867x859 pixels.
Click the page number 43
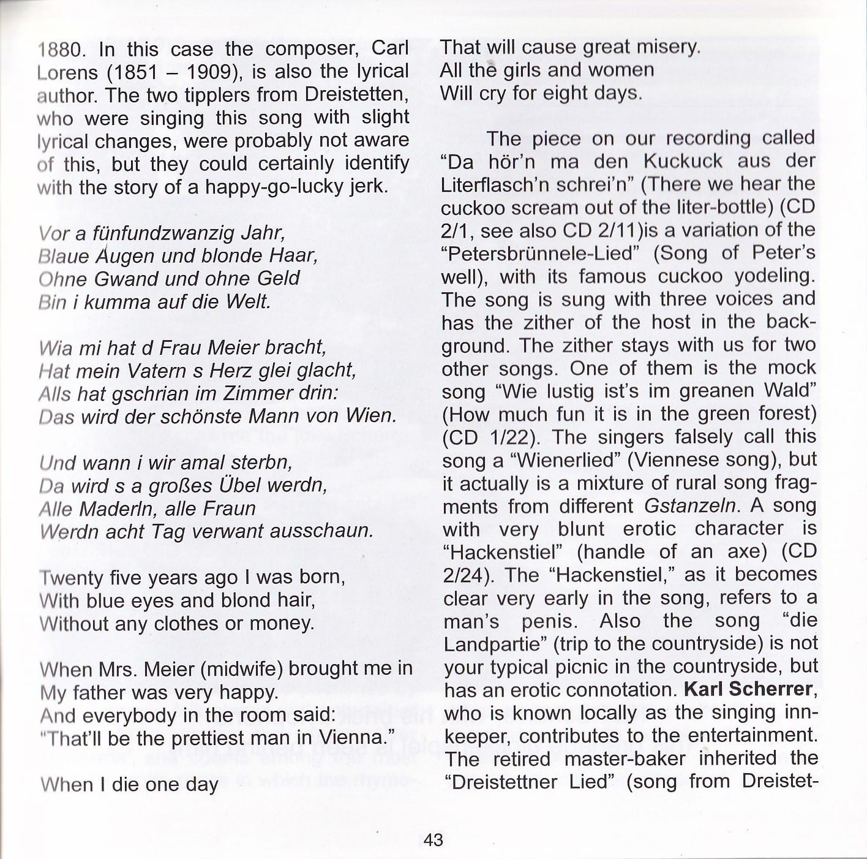click(433, 839)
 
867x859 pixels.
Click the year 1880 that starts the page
click(58, 50)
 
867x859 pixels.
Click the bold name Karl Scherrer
click(747, 689)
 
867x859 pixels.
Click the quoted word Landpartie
click(494, 643)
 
